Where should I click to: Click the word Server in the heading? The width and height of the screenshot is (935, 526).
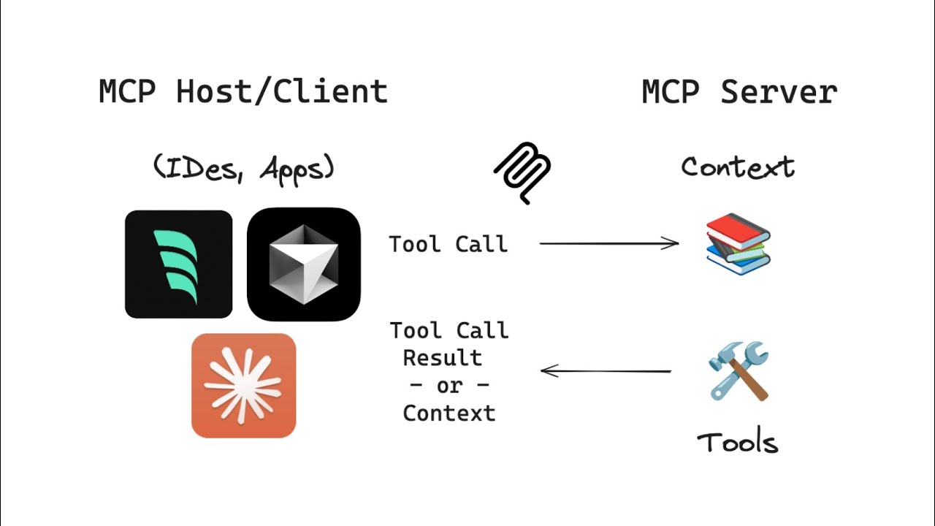click(778, 93)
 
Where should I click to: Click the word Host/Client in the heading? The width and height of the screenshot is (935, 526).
click(281, 93)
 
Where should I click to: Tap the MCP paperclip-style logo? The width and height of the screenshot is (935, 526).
click(522, 172)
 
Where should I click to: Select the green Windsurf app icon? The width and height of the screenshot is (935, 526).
click(178, 264)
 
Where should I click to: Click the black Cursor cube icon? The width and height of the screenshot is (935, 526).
click(304, 264)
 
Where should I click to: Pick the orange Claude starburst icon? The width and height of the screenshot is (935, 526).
click(243, 386)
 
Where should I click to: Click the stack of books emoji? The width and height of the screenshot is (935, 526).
click(739, 244)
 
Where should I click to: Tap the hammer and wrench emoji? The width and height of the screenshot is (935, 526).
click(739, 370)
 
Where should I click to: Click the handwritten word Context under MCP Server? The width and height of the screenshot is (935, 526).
click(737, 167)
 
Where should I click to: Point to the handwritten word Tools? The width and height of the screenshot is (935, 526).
click(737, 443)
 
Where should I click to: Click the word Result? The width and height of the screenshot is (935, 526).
click(442, 358)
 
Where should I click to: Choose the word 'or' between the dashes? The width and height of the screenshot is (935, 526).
click(449, 385)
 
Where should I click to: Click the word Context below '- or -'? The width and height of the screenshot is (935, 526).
click(449, 413)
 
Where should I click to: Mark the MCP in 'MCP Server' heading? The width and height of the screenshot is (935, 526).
click(670, 93)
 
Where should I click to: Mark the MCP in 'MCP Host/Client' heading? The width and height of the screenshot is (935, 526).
click(127, 93)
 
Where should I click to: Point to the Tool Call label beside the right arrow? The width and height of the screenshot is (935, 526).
click(448, 244)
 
